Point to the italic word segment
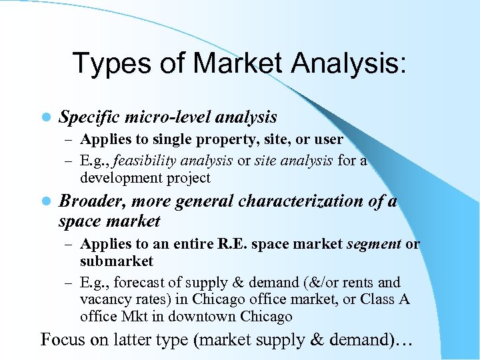click(374, 244)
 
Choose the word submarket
click(117, 261)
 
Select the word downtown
click(197, 317)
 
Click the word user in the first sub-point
click(329, 140)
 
